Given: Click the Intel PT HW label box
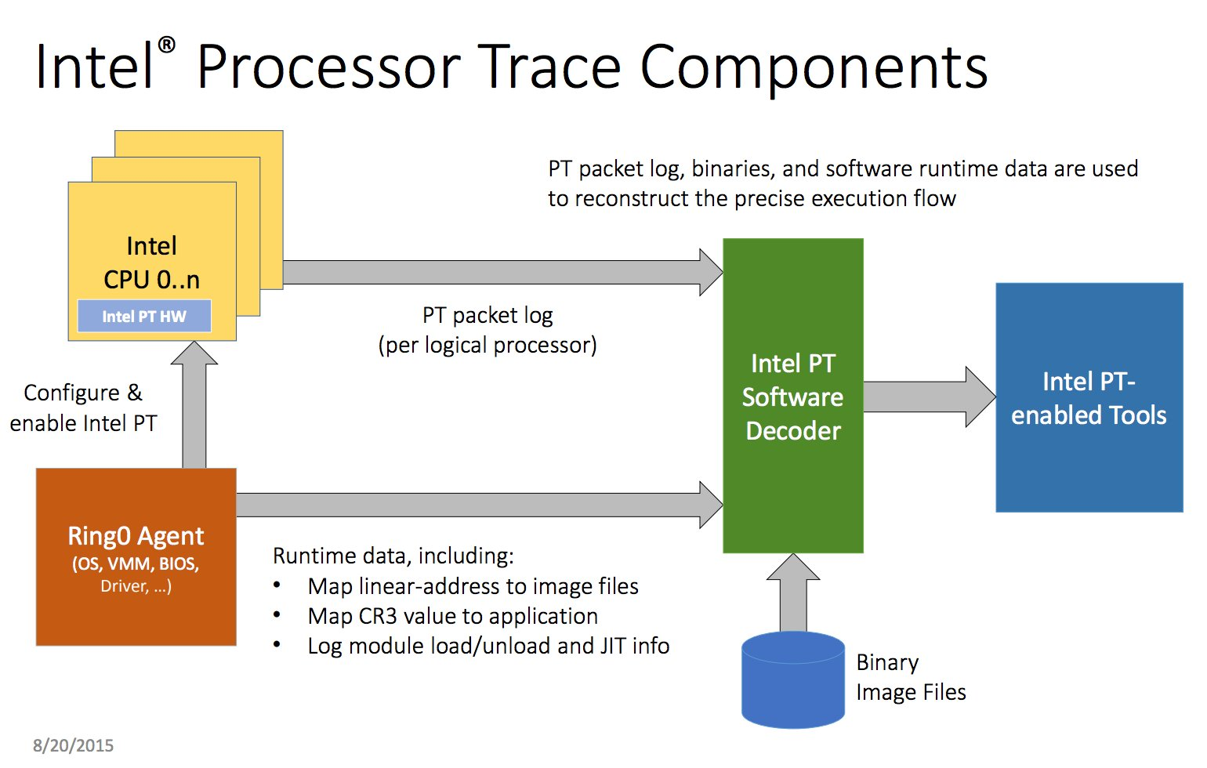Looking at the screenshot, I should [144, 316].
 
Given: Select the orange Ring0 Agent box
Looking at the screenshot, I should [136, 557].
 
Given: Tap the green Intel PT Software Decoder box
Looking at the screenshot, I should [792, 397].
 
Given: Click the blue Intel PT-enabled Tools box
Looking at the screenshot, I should [1089, 397].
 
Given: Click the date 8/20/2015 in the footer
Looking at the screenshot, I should [73, 745].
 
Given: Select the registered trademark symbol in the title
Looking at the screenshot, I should [166, 45].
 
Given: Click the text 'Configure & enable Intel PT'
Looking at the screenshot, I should [83, 408].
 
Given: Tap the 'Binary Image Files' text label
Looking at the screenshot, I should [910, 678].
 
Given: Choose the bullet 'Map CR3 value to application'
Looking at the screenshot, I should [452, 616].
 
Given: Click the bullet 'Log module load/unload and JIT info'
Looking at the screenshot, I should [488, 646].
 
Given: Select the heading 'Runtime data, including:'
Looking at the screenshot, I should [393, 556].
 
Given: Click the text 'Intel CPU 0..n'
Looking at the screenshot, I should [151, 263].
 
